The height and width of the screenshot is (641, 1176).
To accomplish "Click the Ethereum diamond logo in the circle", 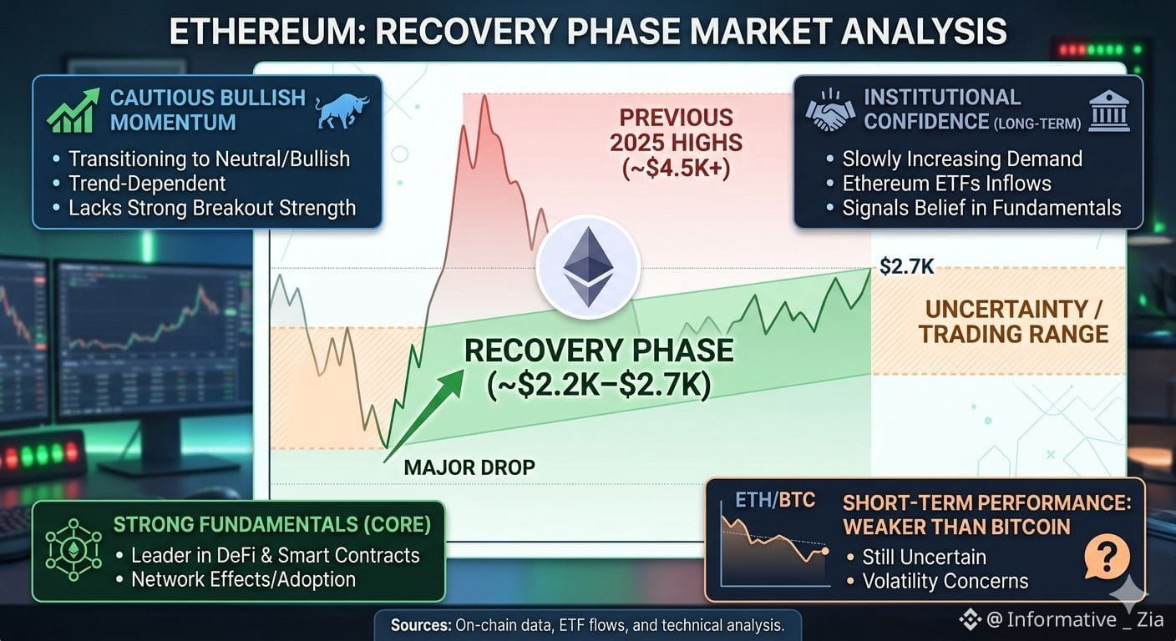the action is click(x=588, y=267).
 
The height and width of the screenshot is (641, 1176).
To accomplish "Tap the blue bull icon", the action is click(x=342, y=111).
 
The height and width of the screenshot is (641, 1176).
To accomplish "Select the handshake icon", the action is click(x=830, y=111).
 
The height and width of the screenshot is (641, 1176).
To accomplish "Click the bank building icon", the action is click(x=1109, y=111).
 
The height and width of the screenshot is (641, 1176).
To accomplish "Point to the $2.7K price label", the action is click(x=907, y=266).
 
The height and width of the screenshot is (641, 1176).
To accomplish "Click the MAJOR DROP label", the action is click(x=469, y=467).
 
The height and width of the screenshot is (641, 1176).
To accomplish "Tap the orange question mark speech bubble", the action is click(x=1107, y=557).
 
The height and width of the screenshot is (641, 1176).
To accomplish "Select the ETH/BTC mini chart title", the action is click(x=775, y=500).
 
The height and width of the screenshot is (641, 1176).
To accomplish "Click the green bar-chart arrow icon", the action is click(x=73, y=110).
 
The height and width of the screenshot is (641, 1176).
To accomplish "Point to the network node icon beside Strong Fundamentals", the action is click(x=73, y=550).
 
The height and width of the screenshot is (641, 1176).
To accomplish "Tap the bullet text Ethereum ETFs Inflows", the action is click(x=946, y=184).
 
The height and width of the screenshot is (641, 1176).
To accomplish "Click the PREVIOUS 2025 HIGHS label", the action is click(x=677, y=143).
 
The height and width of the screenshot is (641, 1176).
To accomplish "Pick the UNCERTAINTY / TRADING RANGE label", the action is click(x=1013, y=321).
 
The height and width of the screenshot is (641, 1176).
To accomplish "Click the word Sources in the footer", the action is click(x=421, y=625).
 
